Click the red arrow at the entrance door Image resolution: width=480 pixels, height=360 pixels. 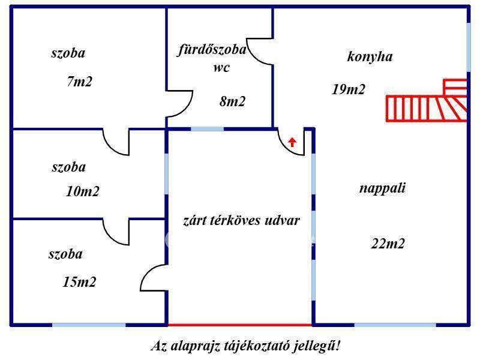[x=292, y=142]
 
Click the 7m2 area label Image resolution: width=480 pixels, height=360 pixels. [x=80, y=82]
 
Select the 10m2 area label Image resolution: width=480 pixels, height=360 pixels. [x=83, y=192]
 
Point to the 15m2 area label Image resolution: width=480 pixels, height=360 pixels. [x=79, y=281]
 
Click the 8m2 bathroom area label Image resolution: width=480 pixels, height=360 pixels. [x=232, y=101]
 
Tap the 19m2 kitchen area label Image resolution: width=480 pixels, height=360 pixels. [x=349, y=89]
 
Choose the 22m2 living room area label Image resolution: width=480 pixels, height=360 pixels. [x=388, y=244]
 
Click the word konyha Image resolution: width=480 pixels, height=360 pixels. [x=370, y=57]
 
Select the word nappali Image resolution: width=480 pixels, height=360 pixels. [x=383, y=188]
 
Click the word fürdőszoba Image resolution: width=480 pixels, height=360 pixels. [x=212, y=50]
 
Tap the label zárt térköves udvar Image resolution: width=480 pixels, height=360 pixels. [x=241, y=220]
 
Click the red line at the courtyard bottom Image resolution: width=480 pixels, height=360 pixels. [x=240, y=325]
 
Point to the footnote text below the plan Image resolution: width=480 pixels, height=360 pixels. [x=245, y=346]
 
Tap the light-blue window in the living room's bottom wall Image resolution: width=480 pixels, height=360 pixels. [x=394, y=325]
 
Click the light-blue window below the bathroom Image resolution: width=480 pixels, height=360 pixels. [x=207, y=128]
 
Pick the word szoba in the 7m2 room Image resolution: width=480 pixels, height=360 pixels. [x=68, y=53]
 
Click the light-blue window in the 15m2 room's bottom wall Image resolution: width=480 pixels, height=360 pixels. [x=89, y=325]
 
